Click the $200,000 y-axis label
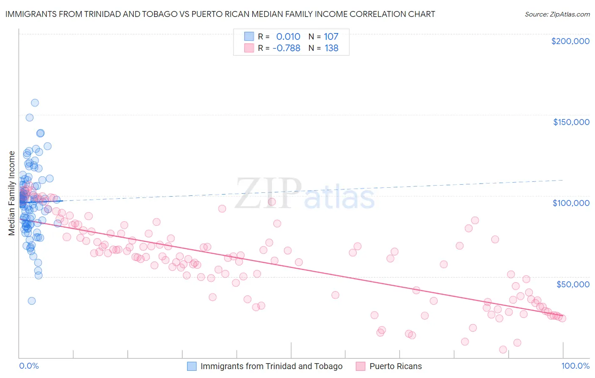coord(570,41)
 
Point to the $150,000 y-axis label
coord(571,122)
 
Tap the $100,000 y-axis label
coord(571,203)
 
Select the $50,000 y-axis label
coord(573,284)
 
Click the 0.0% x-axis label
coord(29,366)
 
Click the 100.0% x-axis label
coord(575,366)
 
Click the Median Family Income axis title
coord(12,193)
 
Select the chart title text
coord(220,14)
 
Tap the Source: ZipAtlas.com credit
coord(557,14)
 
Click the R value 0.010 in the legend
coord(288,37)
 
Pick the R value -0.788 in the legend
coord(286,48)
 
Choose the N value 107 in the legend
coord(331,37)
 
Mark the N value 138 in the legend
coord(331,48)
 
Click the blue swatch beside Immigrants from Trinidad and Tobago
coord(192,366)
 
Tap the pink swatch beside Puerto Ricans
coord(361,366)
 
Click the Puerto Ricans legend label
coord(396,366)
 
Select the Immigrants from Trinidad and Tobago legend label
coord(271,366)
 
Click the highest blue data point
coord(35,103)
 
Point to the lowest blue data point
coord(32,301)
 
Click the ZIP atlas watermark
coord(305,194)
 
